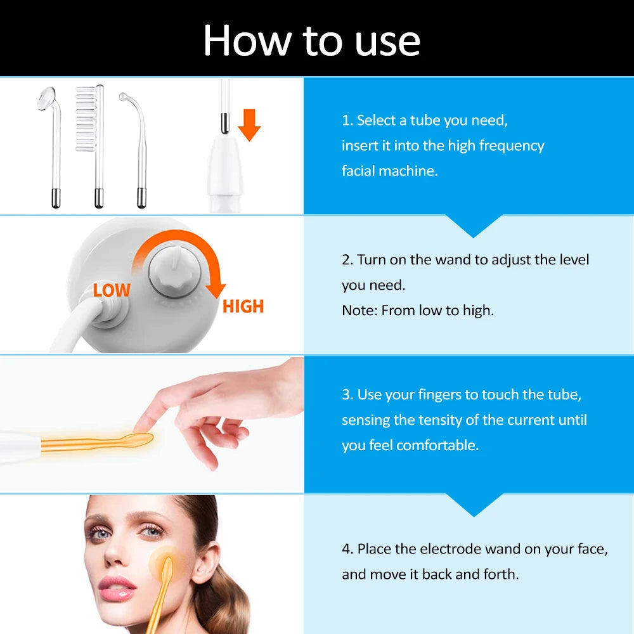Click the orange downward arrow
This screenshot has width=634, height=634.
(x=250, y=124)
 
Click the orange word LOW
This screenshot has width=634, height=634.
(x=112, y=290)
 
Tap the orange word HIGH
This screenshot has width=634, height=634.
(x=243, y=307)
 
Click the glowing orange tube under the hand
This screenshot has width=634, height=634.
(x=95, y=442)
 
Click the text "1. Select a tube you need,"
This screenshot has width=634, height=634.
(x=425, y=120)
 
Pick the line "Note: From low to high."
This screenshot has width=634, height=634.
(x=417, y=311)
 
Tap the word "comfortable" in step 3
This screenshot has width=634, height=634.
(x=437, y=445)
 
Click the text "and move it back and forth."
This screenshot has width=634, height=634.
(x=430, y=574)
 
